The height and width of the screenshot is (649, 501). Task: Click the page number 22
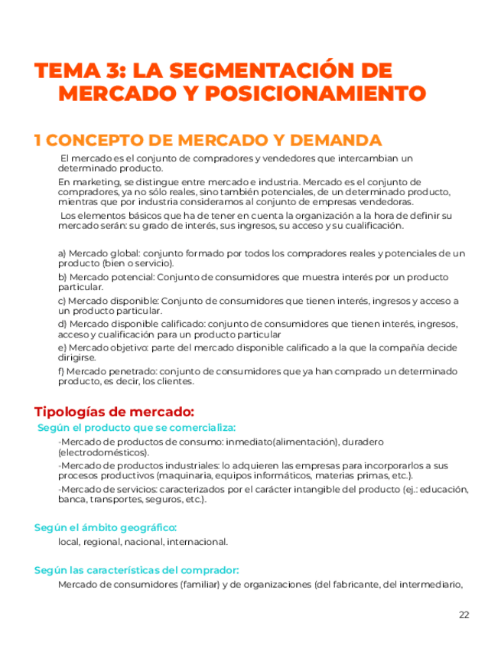[x=464, y=615]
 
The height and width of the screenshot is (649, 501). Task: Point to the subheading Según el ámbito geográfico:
[x=106, y=527]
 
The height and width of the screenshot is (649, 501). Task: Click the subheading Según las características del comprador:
[x=137, y=570]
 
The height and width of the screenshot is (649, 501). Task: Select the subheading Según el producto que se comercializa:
[x=136, y=428]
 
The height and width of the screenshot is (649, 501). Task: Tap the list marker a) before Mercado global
[x=62, y=253]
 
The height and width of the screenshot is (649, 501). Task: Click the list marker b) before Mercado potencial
[x=62, y=277]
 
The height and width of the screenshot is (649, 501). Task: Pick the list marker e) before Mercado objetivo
[x=62, y=348]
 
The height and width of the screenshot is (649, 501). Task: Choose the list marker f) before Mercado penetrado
[x=61, y=372]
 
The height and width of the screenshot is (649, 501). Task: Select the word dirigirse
[x=76, y=357]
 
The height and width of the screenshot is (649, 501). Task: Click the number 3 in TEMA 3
[x=115, y=71]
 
